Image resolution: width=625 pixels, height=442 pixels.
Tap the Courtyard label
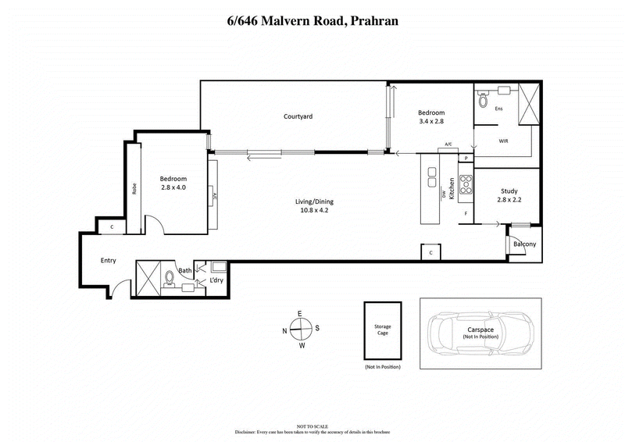tap(298, 116)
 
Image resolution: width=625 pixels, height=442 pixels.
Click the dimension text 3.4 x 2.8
tap(431, 121)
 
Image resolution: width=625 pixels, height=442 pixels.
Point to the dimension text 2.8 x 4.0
tap(173, 187)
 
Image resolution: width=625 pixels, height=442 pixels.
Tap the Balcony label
tap(524, 244)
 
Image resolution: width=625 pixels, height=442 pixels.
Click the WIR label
tap(503, 142)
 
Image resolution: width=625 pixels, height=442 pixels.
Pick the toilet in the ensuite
tap(483, 100)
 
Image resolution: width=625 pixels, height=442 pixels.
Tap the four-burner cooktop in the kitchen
tap(466, 184)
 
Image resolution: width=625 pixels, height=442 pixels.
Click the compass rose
tap(300, 328)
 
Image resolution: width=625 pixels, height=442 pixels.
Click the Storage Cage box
tap(382, 330)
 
